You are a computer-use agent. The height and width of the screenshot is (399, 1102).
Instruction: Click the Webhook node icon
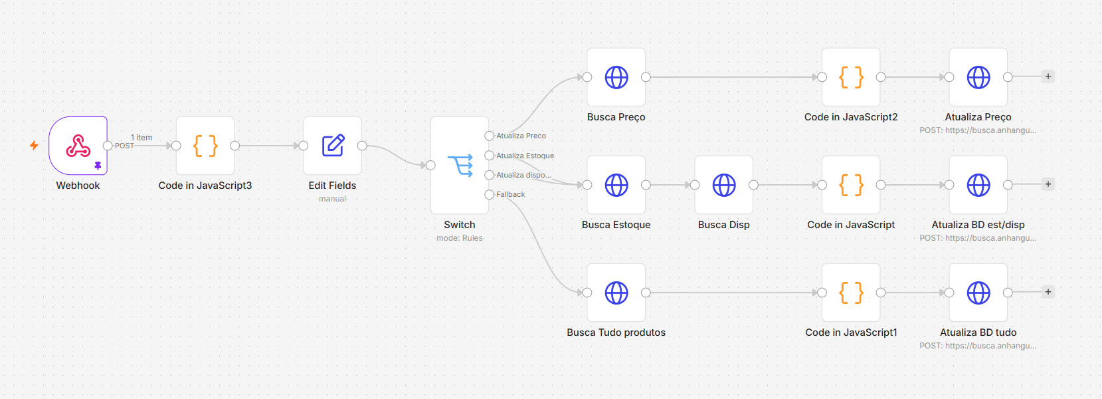point(78,146)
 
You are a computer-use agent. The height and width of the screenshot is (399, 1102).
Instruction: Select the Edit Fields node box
point(333,146)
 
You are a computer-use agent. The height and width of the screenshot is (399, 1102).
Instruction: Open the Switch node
point(460,165)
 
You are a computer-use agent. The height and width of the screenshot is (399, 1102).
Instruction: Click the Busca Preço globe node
point(616,77)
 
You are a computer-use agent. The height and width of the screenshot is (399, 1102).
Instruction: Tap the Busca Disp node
point(723,186)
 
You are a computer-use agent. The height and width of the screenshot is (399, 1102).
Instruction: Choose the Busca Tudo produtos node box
point(616,293)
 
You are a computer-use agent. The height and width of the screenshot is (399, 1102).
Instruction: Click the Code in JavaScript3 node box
point(205,146)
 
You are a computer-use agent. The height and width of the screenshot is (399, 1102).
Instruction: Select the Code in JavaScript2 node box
point(851,77)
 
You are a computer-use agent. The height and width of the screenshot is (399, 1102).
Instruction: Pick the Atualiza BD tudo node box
point(978,293)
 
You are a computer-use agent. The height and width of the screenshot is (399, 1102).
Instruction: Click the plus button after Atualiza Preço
point(1048,76)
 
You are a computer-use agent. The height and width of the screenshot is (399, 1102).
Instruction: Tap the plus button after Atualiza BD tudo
point(1048,292)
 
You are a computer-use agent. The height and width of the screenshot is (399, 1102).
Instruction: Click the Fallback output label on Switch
point(511,195)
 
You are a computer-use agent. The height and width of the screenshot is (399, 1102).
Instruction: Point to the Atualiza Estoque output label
point(525,156)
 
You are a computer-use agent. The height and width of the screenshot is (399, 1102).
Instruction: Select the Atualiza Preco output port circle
point(489,136)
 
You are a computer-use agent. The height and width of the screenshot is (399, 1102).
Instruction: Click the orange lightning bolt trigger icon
point(34,146)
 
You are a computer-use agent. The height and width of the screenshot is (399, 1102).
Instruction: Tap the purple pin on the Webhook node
point(98,166)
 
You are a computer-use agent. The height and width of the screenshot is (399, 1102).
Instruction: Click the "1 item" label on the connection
point(141,138)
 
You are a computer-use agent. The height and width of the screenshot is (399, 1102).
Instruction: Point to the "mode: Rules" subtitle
point(460,238)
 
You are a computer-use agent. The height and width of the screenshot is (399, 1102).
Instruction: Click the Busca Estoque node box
point(616,186)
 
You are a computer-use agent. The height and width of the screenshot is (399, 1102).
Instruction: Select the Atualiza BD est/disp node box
point(978,186)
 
